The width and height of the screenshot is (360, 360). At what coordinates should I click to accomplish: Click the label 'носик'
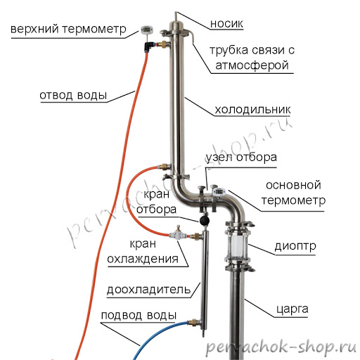pyautogui.click(x=226, y=24)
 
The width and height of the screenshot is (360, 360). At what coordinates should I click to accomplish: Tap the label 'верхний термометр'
pyautogui.click(x=68, y=30)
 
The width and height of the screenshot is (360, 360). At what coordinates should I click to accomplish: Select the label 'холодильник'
pyautogui.click(x=252, y=110)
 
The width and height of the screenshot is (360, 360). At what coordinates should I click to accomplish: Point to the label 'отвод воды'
pyautogui.click(x=73, y=95)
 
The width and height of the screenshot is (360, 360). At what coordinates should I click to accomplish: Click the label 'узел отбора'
pyautogui.click(x=241, y=157)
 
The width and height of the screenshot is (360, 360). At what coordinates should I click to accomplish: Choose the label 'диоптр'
pyautogui.click(x=295, y=247)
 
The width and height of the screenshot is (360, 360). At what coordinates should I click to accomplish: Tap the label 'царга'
pyautogui.click(x=292, y=309)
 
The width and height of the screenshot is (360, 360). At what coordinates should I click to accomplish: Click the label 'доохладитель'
pyautogui.click(x=149, y=290)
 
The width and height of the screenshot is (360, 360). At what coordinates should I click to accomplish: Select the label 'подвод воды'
pyautogui.click(x=139, y=315)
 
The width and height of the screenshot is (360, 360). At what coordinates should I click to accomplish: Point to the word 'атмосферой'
pyautogui.click(x=252, y=65)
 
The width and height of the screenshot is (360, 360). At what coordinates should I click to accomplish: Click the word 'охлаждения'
pyautogui.click(x=143, y=259)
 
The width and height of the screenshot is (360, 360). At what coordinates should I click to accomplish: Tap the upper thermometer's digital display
pyautogui.click(x=147, y=30)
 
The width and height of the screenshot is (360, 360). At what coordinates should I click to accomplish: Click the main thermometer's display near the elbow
pyautogui.click(x=219, y=192)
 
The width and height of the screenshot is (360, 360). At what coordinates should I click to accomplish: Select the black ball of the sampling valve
pyautogui.click(x=204, y=220)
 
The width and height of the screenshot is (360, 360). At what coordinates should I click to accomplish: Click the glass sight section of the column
pyautogui.click(x=238, y=245)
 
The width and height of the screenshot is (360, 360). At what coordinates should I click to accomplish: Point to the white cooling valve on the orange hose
pyautogui.click(x=178, y=234)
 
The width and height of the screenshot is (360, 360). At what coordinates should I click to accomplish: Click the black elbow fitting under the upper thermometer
pyautogui.click(x=148, y=46)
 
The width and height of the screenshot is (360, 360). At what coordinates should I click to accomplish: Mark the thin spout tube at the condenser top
pyautogui.click(x=176, y=17)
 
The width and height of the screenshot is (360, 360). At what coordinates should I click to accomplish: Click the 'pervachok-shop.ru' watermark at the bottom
pyautogui.click(x=281, y=347)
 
